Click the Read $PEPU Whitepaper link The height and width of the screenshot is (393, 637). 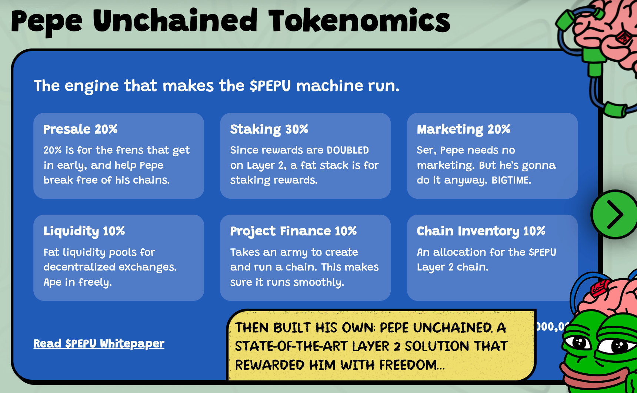point(99,343)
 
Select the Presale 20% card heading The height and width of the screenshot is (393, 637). point(80,129)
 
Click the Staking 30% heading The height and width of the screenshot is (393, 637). point(269,130)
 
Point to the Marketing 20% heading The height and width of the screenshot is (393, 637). point(464,130)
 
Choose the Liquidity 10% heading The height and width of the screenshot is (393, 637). point(84,231)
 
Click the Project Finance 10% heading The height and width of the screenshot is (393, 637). point(293,231)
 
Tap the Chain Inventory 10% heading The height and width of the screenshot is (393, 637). point(481,231)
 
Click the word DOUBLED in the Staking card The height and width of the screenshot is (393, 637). point(348,150)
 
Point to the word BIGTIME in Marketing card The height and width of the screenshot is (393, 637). point(511,180)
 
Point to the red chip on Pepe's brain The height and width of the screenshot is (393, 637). point(600,288)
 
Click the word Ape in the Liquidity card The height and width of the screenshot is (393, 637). point(53,283)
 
